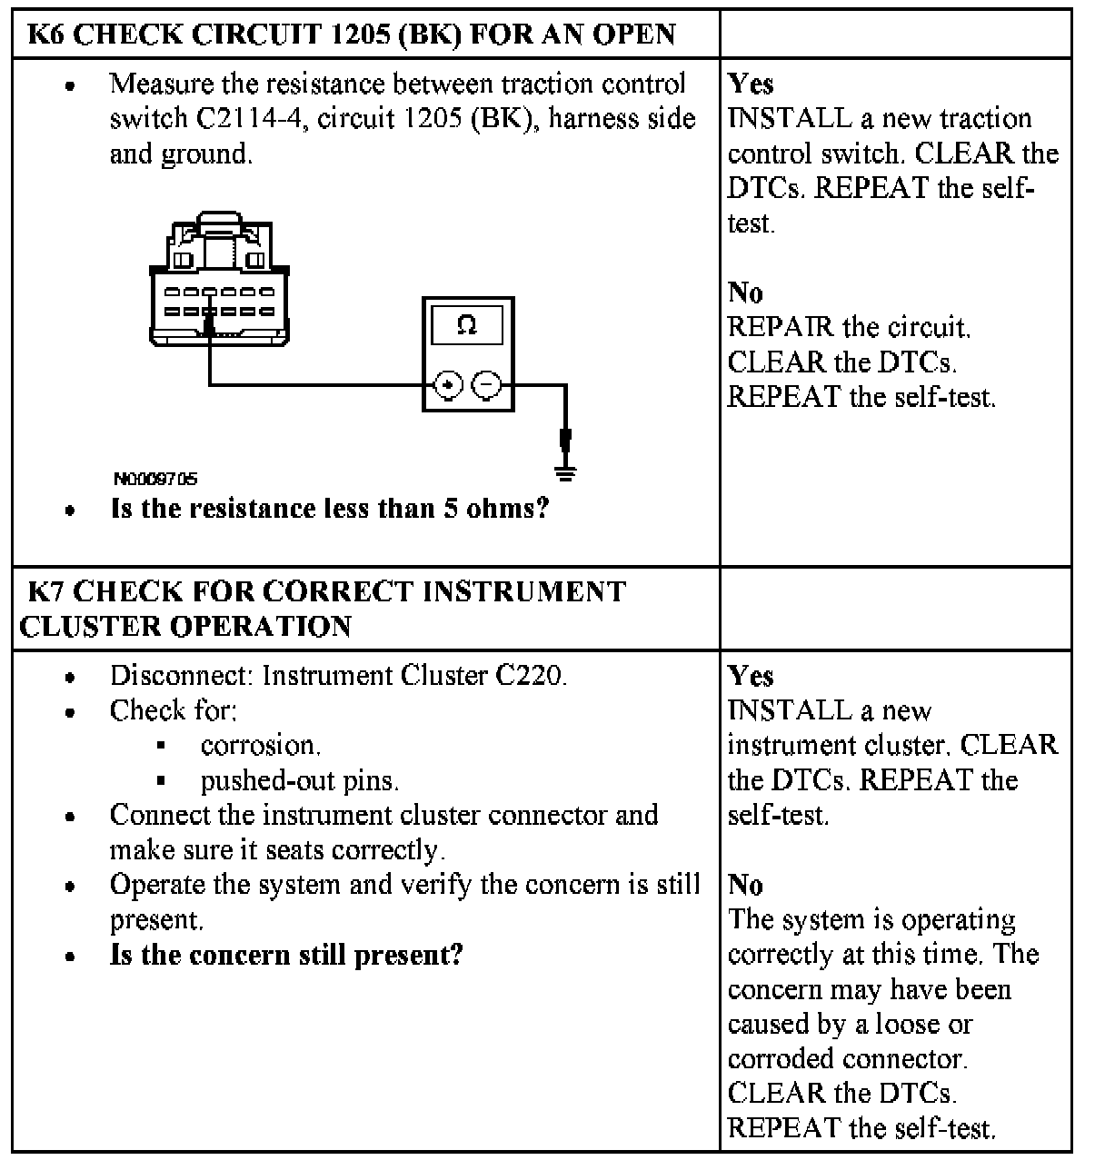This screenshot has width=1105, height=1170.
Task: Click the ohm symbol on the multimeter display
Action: coord(467,325)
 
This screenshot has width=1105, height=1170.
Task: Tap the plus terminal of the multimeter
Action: coord(447,385)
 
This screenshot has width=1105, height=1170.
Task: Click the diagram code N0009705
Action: coord(154,479)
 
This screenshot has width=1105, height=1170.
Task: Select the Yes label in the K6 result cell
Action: coord(751,84)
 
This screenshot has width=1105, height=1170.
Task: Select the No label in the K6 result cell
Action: coord(745,292)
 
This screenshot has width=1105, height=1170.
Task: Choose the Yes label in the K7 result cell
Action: coord(751,677)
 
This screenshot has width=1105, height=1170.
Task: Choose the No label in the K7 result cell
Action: coord(745,885)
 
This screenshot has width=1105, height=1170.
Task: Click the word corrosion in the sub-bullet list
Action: coord(261,746)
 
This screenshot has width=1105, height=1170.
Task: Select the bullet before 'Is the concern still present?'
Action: coord(70,957)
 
